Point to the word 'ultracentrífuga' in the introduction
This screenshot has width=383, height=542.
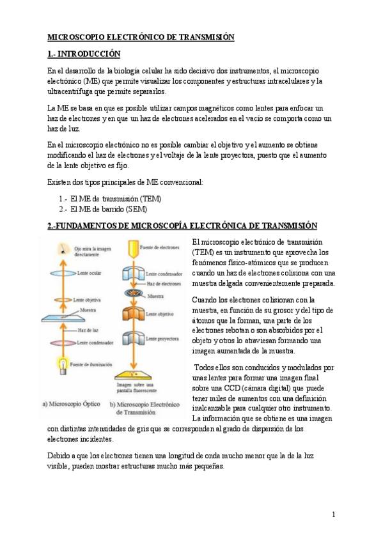74,91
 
